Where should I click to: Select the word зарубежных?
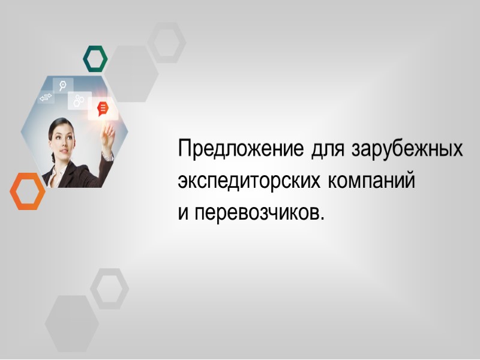408,149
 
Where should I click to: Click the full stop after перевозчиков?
322,217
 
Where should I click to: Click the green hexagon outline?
95,58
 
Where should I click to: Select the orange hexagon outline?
28,191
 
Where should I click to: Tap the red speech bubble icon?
103,109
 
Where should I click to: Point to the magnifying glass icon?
62,85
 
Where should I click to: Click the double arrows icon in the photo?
46,97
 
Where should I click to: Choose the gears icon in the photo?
79,101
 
